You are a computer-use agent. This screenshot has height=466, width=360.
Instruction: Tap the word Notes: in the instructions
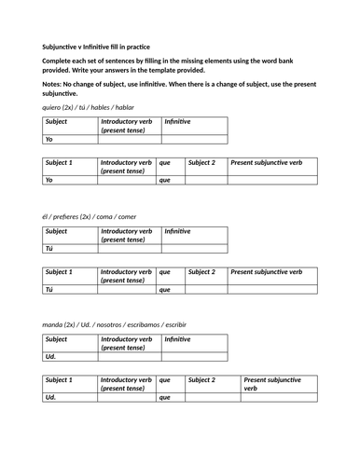(54, 84)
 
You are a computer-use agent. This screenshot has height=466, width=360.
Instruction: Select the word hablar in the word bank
(125, 107)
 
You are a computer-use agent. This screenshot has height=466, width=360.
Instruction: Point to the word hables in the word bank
(100, 107)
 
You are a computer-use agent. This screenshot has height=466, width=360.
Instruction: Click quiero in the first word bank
(53, 107)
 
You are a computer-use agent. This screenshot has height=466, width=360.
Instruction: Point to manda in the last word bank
(53, 324)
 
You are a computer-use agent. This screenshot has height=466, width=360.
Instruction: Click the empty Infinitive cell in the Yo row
(193, 139)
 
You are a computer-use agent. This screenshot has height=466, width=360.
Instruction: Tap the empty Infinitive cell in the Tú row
(193, 248)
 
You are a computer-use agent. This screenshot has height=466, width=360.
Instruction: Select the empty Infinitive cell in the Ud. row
(193, 356)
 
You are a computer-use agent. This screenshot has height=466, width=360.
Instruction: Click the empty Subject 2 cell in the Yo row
(205, 180)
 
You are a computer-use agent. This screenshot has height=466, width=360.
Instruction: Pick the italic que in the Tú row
(165, 289)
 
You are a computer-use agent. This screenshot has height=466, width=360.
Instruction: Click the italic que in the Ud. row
(165, 397)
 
